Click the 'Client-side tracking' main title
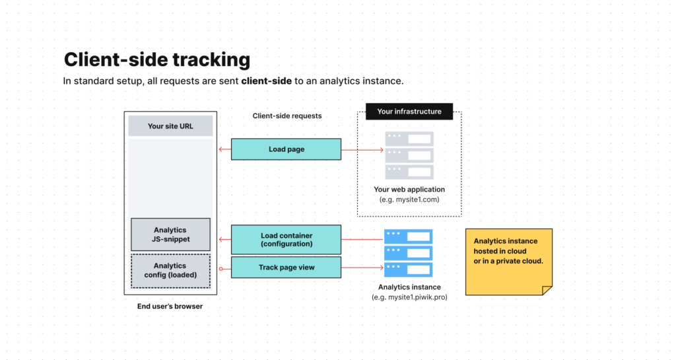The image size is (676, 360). pos(156,60)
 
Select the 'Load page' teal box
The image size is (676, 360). pos(286,149)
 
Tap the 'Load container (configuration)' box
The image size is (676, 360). pos(286,239)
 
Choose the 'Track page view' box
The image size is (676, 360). pos(286,268)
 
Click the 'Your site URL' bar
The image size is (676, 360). pos(170,126)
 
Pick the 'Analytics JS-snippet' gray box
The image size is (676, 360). pos(170,234)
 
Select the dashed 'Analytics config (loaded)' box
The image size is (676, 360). pos(170,270)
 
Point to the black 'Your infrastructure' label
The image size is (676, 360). pos(409,112)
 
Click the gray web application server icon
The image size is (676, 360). pos(409,155)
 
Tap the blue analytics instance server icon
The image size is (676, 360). pos(409,253)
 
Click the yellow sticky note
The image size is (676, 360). pos(508,260)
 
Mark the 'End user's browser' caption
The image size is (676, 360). pos(170,306)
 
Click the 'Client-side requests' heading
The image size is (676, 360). pos(287,116)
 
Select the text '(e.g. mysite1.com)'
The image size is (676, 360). pos(409,199)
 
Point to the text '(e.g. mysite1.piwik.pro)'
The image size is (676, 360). pos(409,297)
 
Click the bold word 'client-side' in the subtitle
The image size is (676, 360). pos(266,81)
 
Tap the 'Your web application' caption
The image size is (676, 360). pos(409,190)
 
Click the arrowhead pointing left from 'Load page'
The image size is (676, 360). pos(221,149)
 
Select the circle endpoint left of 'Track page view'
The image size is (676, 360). pos(220,268)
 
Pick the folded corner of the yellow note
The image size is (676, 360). pos(547,290)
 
